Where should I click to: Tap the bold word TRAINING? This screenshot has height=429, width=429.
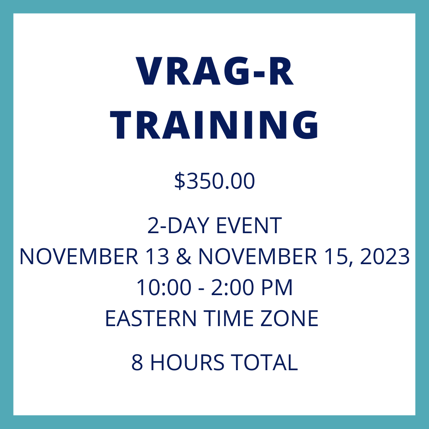pyautogui.click(x=214, y=125)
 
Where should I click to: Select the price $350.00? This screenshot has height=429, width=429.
pyautogui.click(x=214, y=181)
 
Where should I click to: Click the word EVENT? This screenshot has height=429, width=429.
pyautogui.click(x=249, y=226)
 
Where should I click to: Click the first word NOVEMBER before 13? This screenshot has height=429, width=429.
pyautogui.click(x=79, y=256)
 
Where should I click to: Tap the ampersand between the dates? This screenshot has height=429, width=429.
pyautogui.click(x=184, y=256)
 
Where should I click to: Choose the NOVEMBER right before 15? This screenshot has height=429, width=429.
pyautogui.click(x=258, y=256)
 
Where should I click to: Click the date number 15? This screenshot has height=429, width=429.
pyautogui.click(x=336, y=256)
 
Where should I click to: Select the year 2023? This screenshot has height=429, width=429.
pyautogui.click(x=385, y=256)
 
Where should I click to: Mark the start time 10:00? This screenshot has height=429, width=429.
pyautogui.click(x=164, y=287)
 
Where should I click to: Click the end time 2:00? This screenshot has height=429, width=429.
pyautogui.click(x=232, y=287)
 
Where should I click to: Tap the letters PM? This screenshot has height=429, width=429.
pyautogui.click(x=277, y=287)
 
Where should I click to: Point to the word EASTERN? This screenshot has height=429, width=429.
pyautogui.click(x=151, y=318)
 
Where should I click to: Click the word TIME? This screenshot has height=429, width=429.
pyautogui.click(x=228, y=318)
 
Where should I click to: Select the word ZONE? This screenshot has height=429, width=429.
pyautogui.click(x=290, y=318)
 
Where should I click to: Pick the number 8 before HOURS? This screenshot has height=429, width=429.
pyautogui.click(x=137, y=362)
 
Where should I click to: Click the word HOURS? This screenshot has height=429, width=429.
pyautogui.click(x=187, y=362)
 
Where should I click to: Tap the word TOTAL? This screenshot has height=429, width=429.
pyautogui.click(x=264, y=362)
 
